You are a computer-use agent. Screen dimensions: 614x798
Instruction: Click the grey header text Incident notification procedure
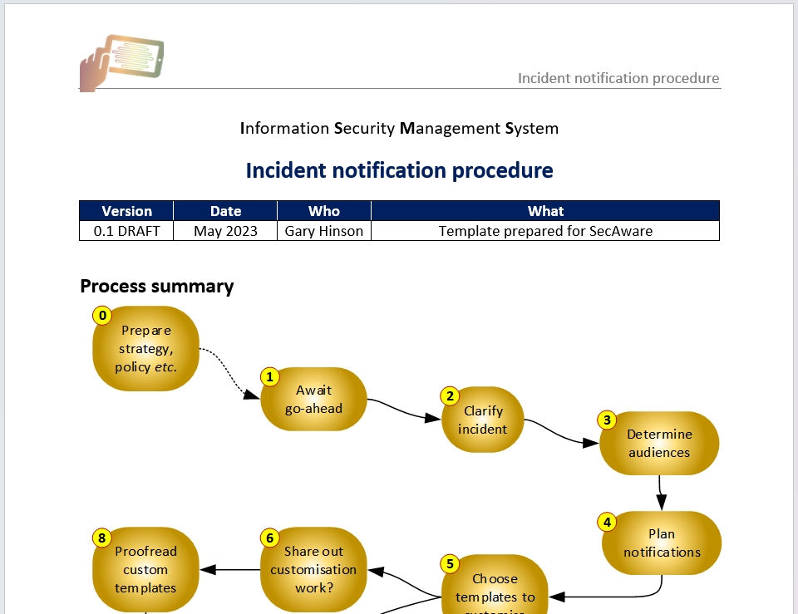point(618,78)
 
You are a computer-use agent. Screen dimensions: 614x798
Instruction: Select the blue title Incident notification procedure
point(399,170)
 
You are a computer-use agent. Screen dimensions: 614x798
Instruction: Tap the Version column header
point(126,211)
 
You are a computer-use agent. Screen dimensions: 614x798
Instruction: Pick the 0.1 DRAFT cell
point(126,231)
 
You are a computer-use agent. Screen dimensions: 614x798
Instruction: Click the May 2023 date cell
point(225,231)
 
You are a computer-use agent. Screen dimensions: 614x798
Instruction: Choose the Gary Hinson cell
point(324,231)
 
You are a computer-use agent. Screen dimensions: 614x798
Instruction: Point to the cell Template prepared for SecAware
point(545,231)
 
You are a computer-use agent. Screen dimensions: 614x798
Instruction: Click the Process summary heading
point(157,287)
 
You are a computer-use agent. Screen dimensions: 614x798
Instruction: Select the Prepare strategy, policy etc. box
point(146,349)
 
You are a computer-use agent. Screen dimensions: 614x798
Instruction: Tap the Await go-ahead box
point(313,400)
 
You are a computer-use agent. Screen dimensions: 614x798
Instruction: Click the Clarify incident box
point(483,420)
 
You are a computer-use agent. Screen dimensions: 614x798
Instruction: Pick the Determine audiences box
point(659,444)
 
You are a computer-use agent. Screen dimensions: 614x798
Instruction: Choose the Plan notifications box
point(662,543)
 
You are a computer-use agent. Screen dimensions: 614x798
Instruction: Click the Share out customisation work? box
point(313,570)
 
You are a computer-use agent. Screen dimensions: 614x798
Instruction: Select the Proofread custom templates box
point(146,570)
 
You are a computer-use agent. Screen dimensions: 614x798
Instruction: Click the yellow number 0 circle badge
point(102,316)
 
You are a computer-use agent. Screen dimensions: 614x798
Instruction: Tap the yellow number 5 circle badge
point(450,564)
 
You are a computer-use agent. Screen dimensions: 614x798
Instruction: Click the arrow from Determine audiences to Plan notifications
point(661,492)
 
